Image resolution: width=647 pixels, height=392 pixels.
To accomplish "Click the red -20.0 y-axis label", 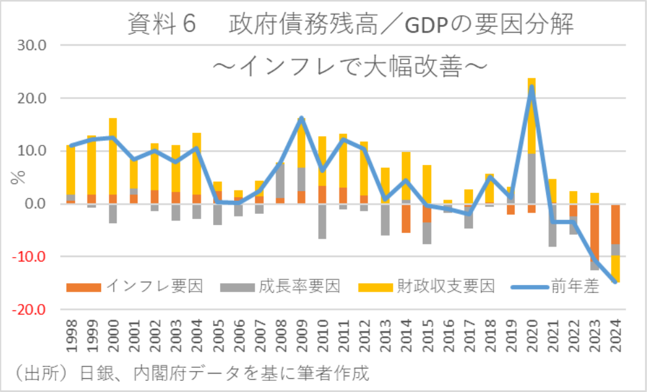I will click(x=30, y=309).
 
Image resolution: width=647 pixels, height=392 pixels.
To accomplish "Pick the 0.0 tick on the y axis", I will click(x=35, y=204).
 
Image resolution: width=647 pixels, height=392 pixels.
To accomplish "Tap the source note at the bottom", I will click(x=193, y=374).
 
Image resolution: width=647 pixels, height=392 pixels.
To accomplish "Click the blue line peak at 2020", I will click(x=532, y=87).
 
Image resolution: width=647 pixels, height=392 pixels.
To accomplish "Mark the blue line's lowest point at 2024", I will click(x=615, y=282).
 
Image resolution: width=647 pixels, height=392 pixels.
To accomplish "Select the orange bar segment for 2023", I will click(x=594, y=232).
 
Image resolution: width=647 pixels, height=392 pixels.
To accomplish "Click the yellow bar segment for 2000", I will click(x=113, y=157).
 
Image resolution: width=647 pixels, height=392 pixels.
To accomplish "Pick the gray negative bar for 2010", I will click(x=323, y=221).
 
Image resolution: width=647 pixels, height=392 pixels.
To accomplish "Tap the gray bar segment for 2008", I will click(x=280, y=180).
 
